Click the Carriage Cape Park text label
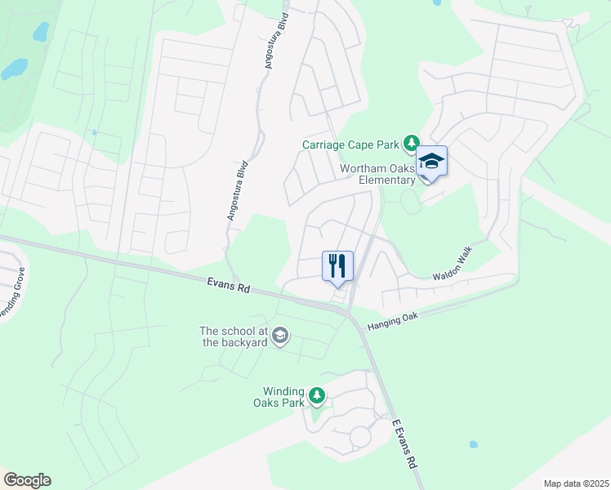pyautogui.click(x=351, y=145)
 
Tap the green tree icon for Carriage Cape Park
pyautogui.click(x=411, y=145)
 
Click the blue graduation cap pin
pyautogui.click(x=431, y=162)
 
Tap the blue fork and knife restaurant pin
pyautogui.click(x=337, y=266)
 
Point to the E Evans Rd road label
pyautogui.click(x=405, y=443)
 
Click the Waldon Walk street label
pyautogui.click(x=453, y=266)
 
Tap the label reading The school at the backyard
pyautogui.click(x=234, y=336)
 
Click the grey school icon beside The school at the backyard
pyautogui.click(x=280, y=336)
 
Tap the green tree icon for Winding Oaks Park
pyautogui.click(x=316, y=397)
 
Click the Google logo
pyautogui.click(x=27, y=480)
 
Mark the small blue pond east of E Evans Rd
pyautogui.click(x=473, y=445)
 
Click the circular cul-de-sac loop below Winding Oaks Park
pyautogui.click(x=360, y=438)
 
